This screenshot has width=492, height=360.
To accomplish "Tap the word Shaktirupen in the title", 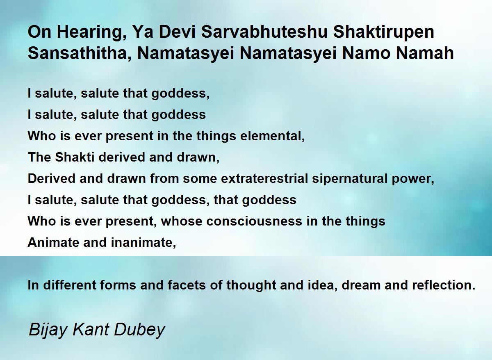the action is pyautogui.click(x=383, y=32).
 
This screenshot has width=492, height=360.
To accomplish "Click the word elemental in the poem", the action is pyautogui.click(x=272, y=136).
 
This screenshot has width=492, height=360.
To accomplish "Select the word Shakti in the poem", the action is pyautogui.click(x=75, y=157).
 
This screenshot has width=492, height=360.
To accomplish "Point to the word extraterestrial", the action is pyautogui.click(x=264, y=178).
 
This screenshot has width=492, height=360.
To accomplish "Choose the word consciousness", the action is pyautogui.click(x=254, y=221).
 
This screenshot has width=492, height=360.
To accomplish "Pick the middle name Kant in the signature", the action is pyautogui.click(x=91, y=330).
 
